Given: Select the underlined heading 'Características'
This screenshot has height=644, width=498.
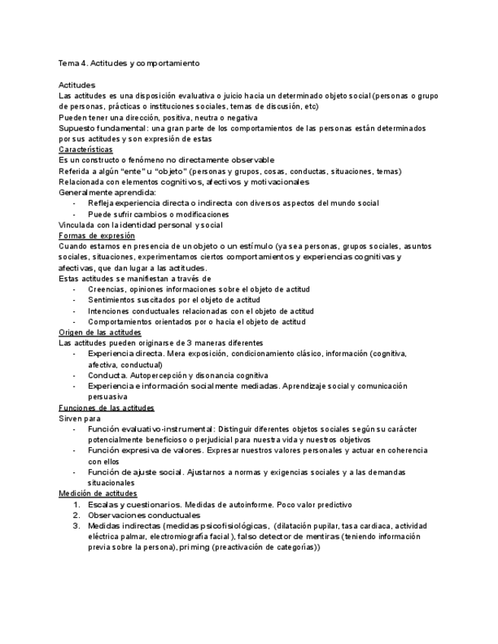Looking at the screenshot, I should click(x=85, y=150).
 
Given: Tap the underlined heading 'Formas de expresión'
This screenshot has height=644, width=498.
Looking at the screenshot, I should click(x=97, y=235).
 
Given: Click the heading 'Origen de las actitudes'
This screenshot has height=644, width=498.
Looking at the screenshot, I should click(x=100, y=333).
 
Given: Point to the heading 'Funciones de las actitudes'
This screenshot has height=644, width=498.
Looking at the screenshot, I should click(x=106, y=408).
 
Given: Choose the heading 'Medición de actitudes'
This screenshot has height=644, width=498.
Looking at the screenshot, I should click(x=98, y=494).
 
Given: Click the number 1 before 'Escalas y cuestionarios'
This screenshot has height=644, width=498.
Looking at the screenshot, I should click(x=77, y=505).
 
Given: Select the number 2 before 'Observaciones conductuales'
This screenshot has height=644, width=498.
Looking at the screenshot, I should click(x=77, y=515).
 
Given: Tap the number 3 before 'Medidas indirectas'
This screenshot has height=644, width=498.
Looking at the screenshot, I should click(x=77, y=526).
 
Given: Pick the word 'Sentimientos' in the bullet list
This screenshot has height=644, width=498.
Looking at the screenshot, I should click(x=112, y=300).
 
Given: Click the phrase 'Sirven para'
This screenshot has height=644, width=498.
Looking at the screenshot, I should click(x=78, y=418).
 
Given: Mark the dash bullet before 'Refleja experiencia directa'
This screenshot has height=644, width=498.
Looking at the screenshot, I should click(x=74, y=204).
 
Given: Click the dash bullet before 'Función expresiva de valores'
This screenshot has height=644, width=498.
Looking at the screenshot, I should click(x=74, y=450).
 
